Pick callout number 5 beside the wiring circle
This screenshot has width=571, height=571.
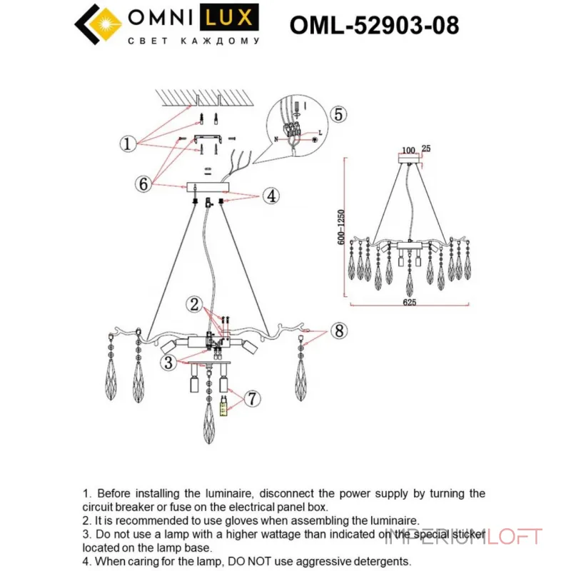tap(338, 114)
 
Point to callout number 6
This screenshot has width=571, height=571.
tap(144, 183)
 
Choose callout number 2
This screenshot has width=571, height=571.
tap(193, 305)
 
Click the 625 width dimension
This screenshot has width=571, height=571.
tap(409, 302)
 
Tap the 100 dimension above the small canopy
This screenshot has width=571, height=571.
tap(409, 150)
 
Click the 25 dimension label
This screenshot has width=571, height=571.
tap(426, 149)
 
